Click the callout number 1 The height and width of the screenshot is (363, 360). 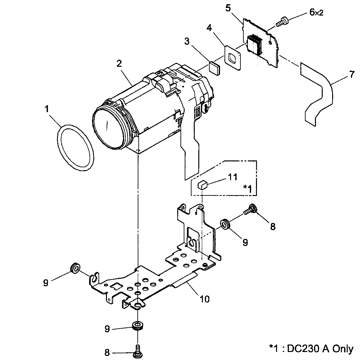coord(47,110)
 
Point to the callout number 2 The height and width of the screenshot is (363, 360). coord(119,64)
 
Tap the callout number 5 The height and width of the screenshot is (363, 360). coord(228,8)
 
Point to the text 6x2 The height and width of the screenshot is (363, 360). coord(316,13)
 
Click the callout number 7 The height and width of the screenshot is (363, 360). coord(352,75)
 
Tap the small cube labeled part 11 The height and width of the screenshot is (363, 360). coord(202,185)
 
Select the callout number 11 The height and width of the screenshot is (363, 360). coord(232,177)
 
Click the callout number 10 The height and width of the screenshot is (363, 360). coord(204,299)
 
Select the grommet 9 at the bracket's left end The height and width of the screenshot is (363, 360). coord(75,268)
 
